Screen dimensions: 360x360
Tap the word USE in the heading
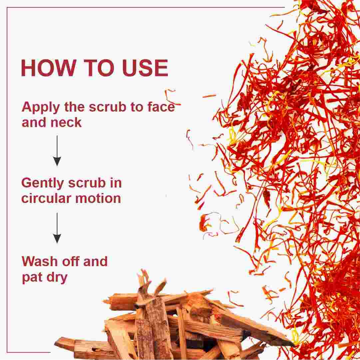[x=145, y=68]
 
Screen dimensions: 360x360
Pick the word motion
[x=98, y=198]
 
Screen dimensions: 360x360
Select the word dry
[x=57, y=278]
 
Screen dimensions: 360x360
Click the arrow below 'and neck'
[x=57, y=151]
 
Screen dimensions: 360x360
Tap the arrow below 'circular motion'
[x=57, y=228]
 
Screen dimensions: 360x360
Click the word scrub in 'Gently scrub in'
[x=87, y=183]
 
